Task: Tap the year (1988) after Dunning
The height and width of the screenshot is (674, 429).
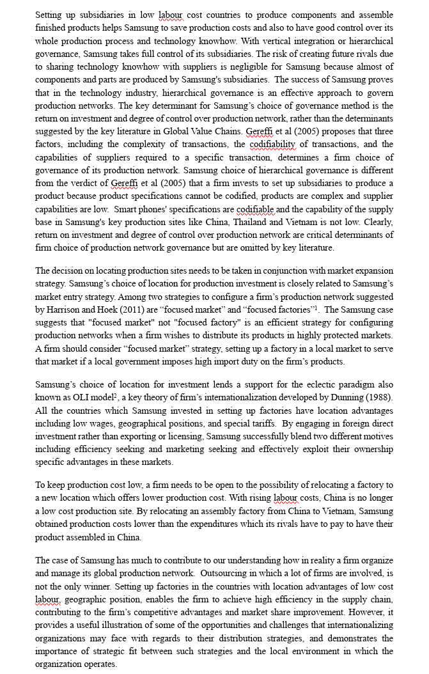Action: point(378,397)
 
